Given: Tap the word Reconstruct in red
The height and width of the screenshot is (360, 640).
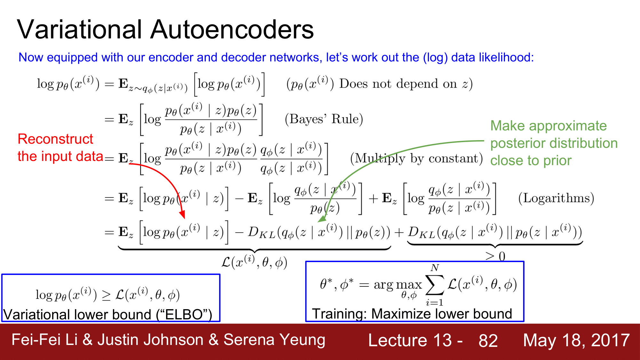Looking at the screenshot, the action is pyautogui.click(x=55, y=139).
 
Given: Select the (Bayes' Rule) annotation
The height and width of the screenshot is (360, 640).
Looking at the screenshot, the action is pyautogui.click(x=324, y=119).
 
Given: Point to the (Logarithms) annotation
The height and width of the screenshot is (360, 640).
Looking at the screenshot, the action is pyautogui.click(x=556, y=198).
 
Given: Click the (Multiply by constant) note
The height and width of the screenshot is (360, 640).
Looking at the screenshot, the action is pyautogui.click(x=416, y=158).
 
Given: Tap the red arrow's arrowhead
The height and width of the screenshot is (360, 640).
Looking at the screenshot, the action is pyautogui.click(x=182, y=215).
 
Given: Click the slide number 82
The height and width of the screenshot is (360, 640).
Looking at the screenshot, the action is pyautogui.click(x=488, y=340).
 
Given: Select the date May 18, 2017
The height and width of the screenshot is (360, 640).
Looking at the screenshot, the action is pyautogui.click(x=576, y=340).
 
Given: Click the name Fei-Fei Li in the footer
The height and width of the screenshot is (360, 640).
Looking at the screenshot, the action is pyautogui.click(x=44, y=340).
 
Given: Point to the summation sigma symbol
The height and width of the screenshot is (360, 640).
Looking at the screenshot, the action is pyautogui.click(x=434, y=285).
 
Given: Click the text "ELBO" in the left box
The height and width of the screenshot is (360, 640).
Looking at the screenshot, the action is pyautogui.click(x=184, y=315).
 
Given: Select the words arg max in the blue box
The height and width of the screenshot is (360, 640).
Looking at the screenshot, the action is pyautogui.click(x=398, y=284).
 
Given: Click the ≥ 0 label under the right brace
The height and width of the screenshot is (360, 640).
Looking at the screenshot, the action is pyautogui.click(x=495, y=256).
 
